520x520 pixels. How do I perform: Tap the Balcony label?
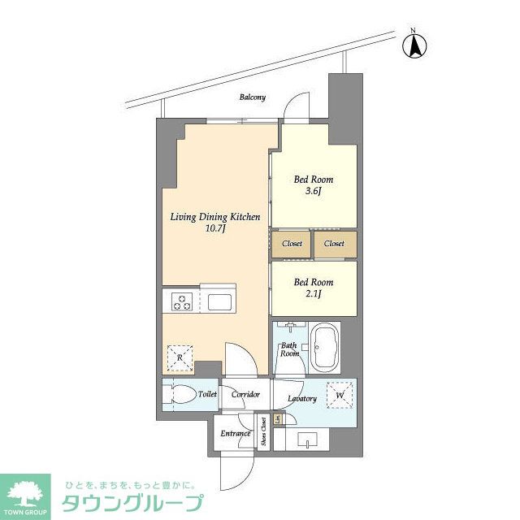252,97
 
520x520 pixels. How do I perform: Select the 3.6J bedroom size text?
314,192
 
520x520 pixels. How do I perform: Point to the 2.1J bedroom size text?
314,294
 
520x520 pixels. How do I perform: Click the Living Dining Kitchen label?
214,217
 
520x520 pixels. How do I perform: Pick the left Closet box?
292,243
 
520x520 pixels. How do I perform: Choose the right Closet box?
335,243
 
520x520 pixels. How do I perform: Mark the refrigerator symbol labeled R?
180,357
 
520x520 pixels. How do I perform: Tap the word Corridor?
245,395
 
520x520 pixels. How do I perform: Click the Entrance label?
236,433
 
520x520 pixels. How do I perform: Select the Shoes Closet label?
264,432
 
